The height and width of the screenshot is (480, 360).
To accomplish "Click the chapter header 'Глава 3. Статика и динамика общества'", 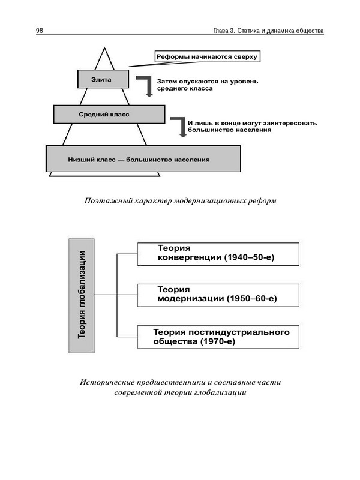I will pos(268,31).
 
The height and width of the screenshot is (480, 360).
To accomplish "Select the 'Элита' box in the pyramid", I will pos(103,79).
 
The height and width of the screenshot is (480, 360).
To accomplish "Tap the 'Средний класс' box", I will pos(109,114).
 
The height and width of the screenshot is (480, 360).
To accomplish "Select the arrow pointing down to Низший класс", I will pos(178,126).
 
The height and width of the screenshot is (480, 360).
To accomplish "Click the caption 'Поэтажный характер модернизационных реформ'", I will pos(181,200).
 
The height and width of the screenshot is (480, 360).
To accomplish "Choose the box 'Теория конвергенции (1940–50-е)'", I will pos(218,253).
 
